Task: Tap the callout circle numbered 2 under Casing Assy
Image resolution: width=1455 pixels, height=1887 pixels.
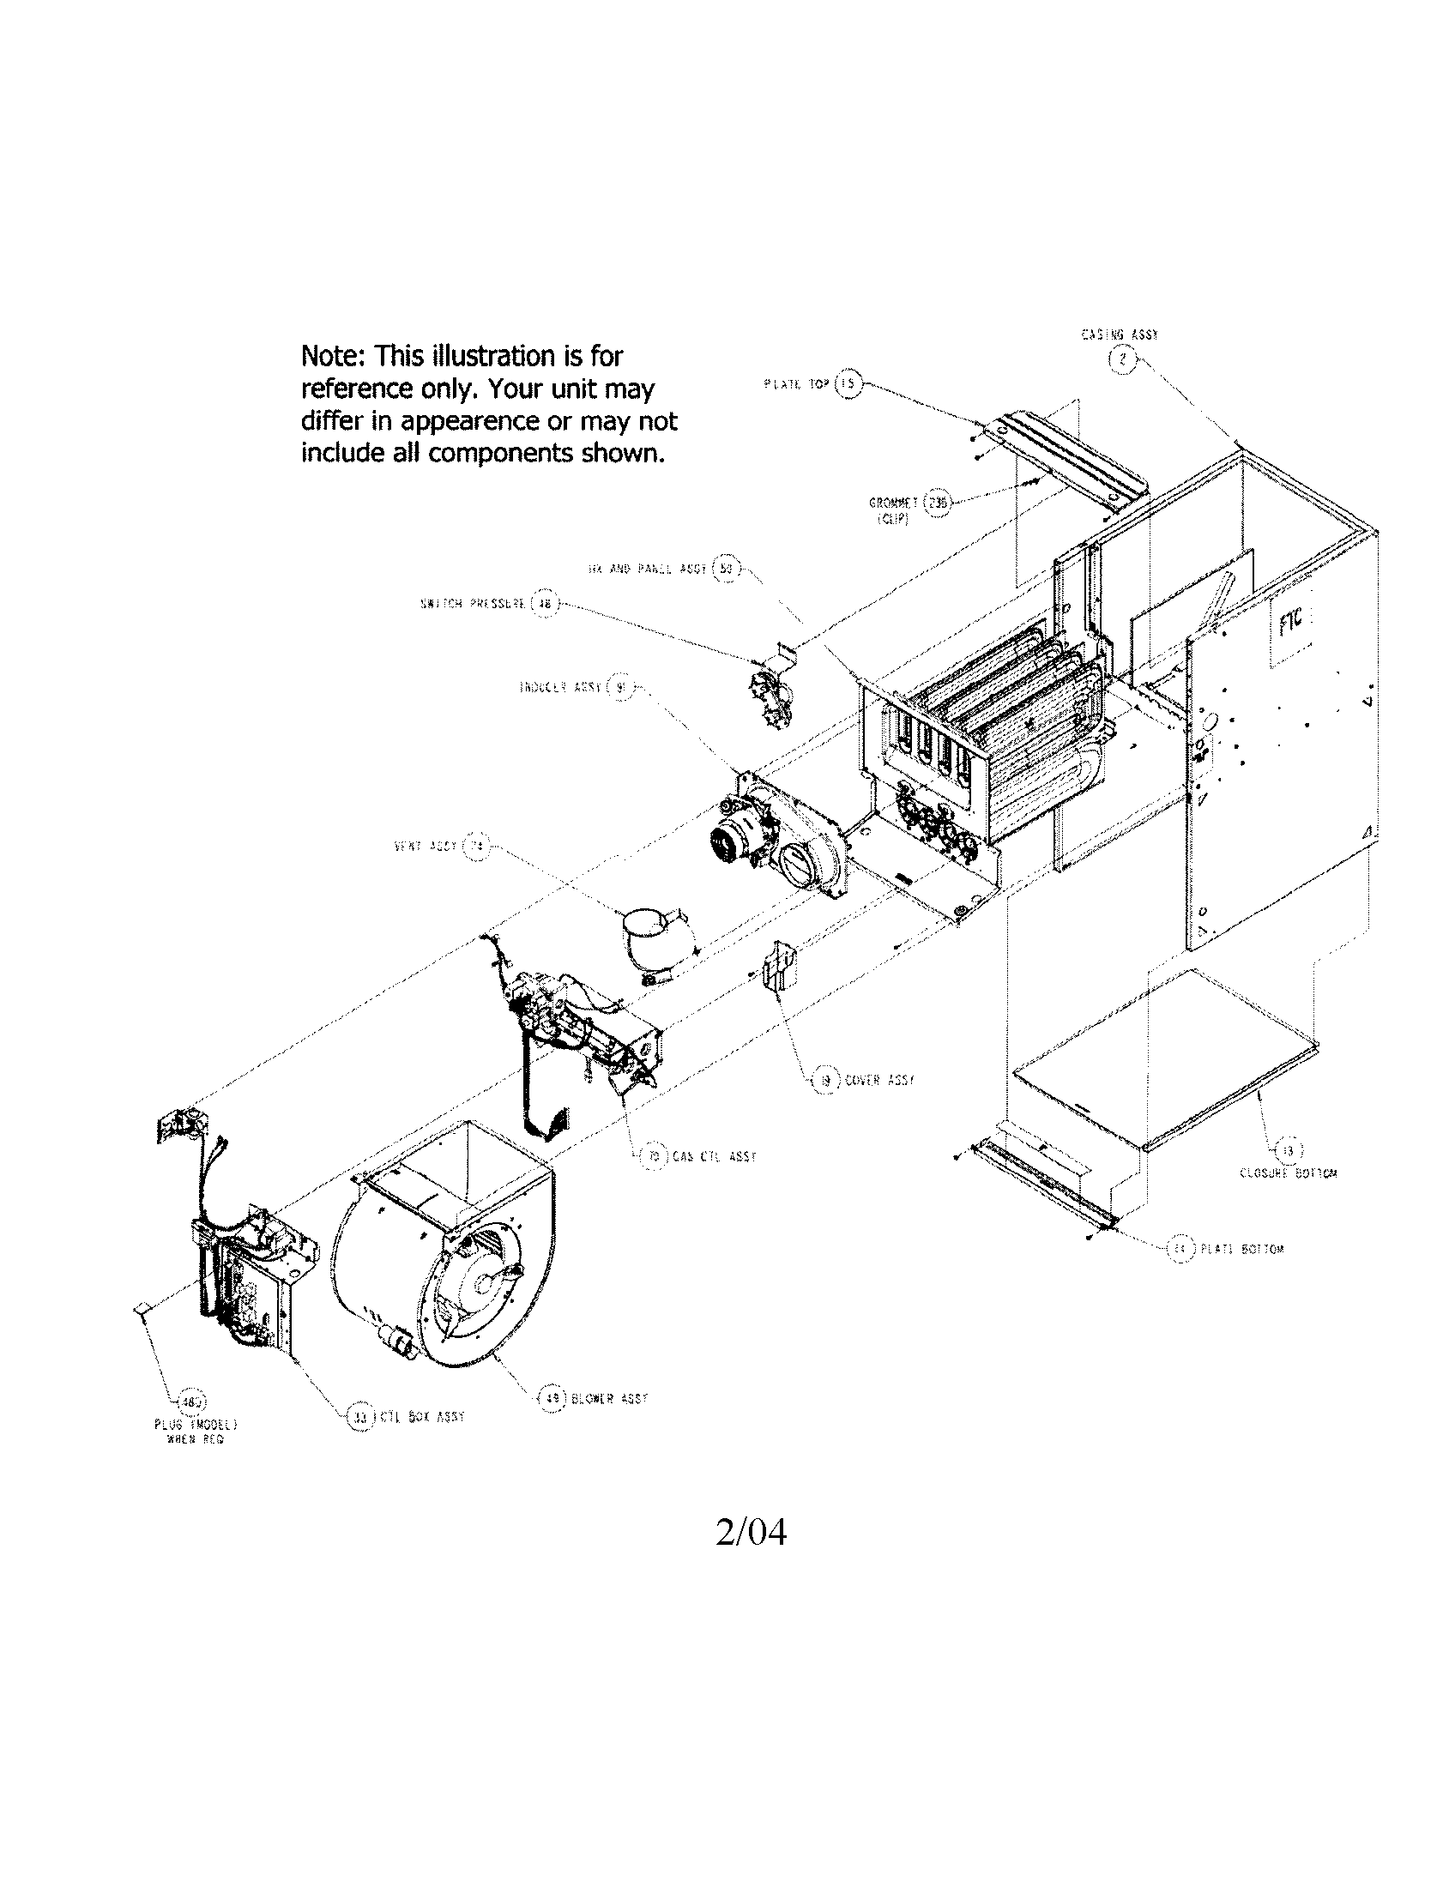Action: click(x=1121, y=360)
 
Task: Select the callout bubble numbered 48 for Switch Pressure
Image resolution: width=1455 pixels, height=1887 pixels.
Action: click(x=545, y=604)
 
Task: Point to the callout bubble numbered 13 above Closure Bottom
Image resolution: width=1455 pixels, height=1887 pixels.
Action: click(x=1289, y=1150)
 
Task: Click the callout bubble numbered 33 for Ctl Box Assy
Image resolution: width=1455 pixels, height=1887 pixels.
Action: click(x=359, y=1417)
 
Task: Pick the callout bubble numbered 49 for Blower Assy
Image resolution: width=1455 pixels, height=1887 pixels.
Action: click(x=551, y=1397)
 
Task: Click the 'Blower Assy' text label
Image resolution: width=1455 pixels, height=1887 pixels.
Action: click(x=609, y=1398)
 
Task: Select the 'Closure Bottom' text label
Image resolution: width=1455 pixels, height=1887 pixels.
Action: click(x=1289, y=1173)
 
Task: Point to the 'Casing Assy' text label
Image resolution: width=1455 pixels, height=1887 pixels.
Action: click(x=1120, y=335)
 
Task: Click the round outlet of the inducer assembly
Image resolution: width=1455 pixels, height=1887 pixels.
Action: click(x=800, y=864)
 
